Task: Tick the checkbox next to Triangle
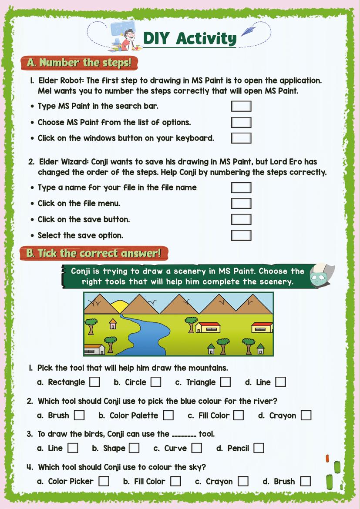click(225, 382)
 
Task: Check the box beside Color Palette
click(168, 415)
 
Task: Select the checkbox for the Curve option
click(197, 448)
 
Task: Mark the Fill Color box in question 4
click(175, 481)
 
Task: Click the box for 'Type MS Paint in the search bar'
click(241, 106)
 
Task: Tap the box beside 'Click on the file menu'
click(241, 203)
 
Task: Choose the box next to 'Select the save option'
click(241, 235)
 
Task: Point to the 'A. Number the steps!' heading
click(79, 63)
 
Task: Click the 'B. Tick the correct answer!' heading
click(94, 253)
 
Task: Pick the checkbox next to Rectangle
click(94, 382)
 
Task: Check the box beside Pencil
click(259, 448)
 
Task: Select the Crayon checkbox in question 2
click(306, 415)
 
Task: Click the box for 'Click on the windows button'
click(241, 138)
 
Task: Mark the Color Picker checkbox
click(104, 481)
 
